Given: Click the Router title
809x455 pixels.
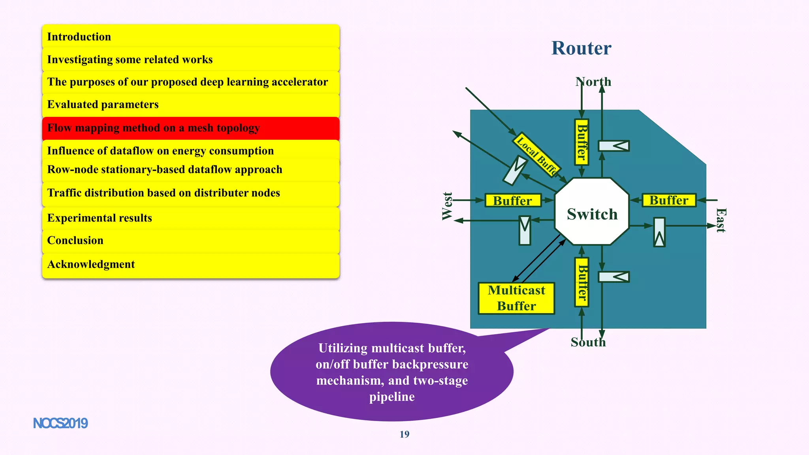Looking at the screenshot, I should pos(581,48).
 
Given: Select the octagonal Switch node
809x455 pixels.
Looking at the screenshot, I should pos(592,212).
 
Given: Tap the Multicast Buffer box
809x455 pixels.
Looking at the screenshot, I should pos(516,298).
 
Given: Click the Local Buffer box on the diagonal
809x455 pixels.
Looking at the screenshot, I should pos(537,154).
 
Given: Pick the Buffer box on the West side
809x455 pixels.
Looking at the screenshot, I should pos(512,201).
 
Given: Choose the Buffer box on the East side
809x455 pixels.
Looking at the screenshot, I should pos(669,200).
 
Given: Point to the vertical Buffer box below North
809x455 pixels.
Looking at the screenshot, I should pos(581,142).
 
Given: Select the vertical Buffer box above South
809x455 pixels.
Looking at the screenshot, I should pos(582,282).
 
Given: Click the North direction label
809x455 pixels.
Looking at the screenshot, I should pos(593,82).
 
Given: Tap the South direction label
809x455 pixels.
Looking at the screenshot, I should pos(588,342).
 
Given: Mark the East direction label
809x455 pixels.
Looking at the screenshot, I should pos(721,220).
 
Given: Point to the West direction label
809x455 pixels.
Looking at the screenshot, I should pos(447,206).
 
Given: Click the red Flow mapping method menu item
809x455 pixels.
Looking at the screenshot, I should pos(191,128).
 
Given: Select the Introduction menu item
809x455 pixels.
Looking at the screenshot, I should pos(191,37).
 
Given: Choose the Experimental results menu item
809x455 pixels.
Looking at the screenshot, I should pos(191,218).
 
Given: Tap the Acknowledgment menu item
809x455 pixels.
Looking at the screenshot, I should pos(191,264).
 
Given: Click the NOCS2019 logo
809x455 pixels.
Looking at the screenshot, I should pos(60,423).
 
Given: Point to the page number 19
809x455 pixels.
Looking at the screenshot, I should pos(404,434).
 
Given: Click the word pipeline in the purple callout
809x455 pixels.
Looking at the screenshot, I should pos(392,397).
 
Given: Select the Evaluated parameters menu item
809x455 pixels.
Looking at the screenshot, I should pos(191,105).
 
